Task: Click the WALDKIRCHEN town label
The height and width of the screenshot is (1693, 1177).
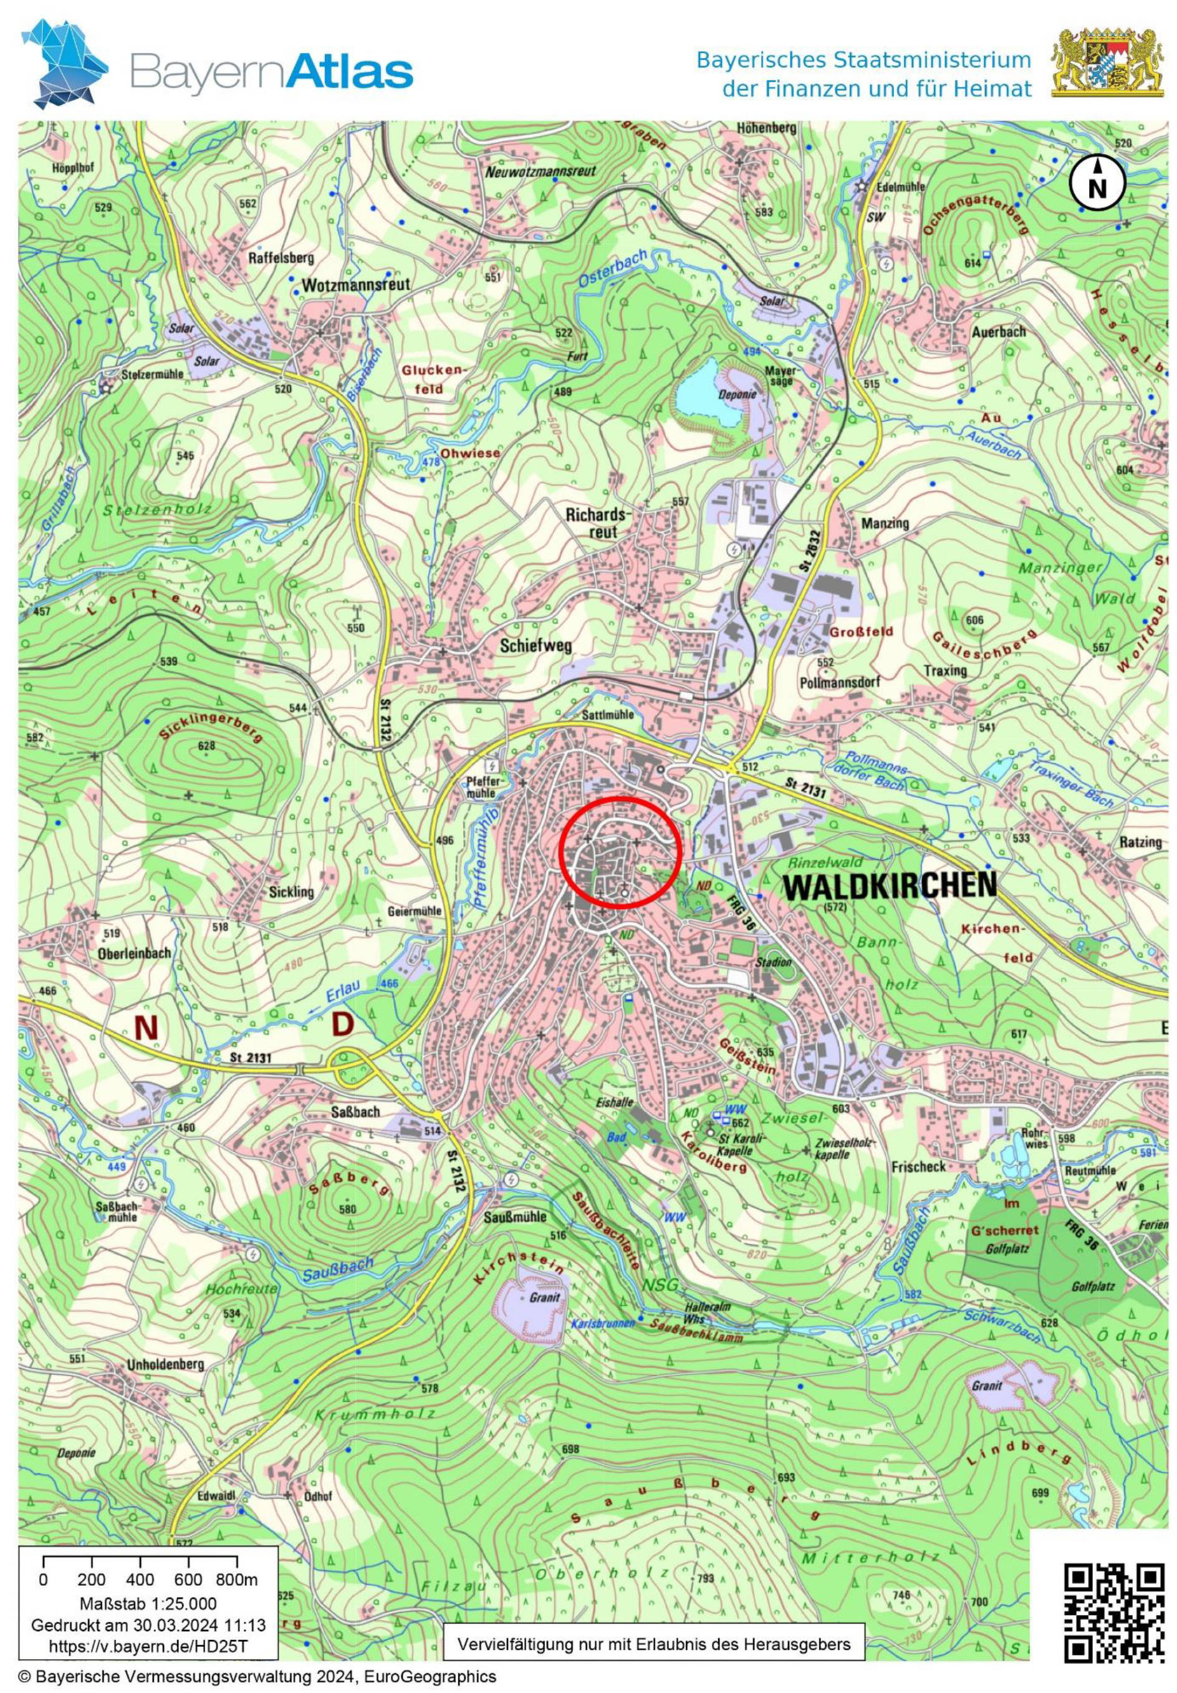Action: pos(889,884)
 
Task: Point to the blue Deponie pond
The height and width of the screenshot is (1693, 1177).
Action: pos(709,393)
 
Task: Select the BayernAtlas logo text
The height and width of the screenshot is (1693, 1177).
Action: pos(271,73)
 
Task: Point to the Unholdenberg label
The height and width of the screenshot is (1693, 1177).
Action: pos(165,1363)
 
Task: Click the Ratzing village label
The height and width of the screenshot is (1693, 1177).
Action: pos(1140,841)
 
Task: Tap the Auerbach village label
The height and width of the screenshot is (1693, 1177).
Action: pos(999,332)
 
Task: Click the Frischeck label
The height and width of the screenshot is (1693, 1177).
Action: pos(918,1167)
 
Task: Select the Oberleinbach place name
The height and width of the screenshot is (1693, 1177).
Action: pos(134,953)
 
